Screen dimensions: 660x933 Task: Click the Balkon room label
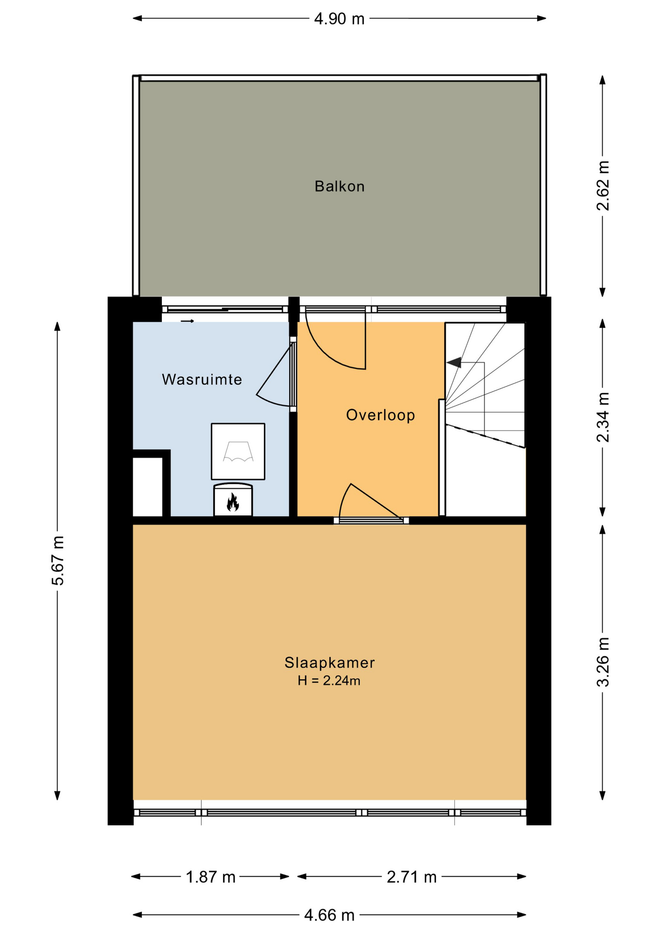[x=339, y=186]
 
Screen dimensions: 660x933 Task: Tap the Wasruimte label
[x=202, y=379]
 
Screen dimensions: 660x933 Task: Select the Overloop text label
[x=381, y=415]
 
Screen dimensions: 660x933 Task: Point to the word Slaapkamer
[x=330, y=662]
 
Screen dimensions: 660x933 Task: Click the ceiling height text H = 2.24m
[x=329, y=680]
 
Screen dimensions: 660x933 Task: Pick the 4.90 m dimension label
[x=339, y=18]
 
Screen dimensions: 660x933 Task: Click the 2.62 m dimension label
[x=603, y=186]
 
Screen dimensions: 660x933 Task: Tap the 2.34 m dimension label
[x=603, y=417]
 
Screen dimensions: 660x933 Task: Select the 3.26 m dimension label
[x=603, y=662]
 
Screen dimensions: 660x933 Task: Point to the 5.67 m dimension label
[x=57, y=560]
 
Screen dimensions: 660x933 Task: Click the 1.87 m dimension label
[x=210, y=877]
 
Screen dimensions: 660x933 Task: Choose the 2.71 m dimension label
[x=412, y=877]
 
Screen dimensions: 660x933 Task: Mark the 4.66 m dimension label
[x=330, y=915]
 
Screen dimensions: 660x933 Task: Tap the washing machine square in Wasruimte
[x=238, y=451]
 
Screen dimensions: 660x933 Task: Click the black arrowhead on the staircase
[x=454, y=363]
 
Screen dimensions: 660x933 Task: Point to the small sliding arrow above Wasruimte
[x=188, y=321]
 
